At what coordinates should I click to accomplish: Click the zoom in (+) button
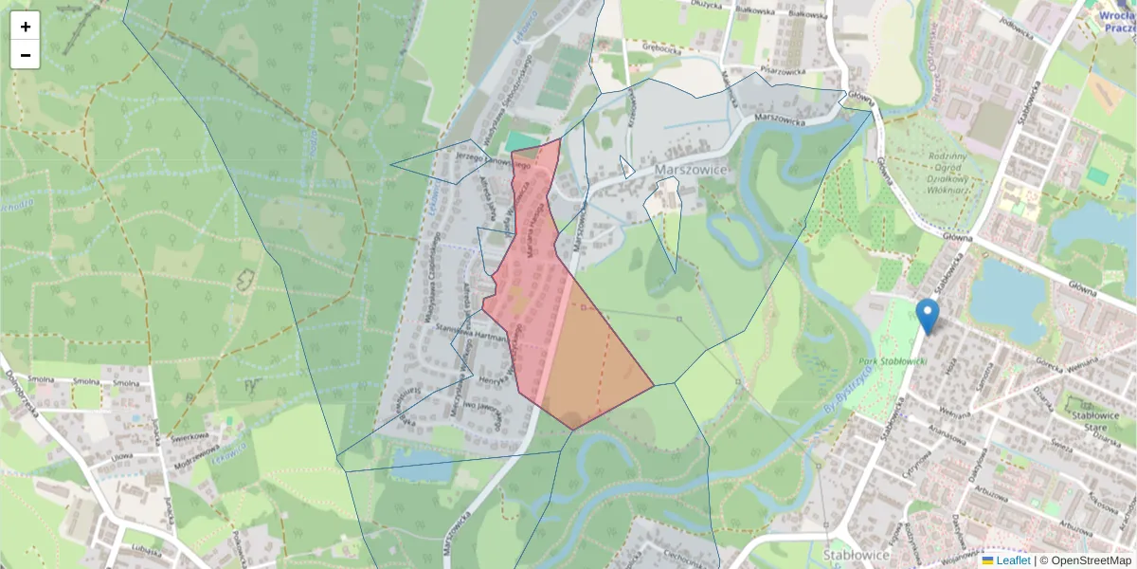(x=26, y=27)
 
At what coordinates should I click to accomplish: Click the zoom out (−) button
(x=26, y=55)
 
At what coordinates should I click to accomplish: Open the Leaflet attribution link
(x=1013, y=560)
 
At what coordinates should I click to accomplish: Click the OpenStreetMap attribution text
(x=1091, y=560)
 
